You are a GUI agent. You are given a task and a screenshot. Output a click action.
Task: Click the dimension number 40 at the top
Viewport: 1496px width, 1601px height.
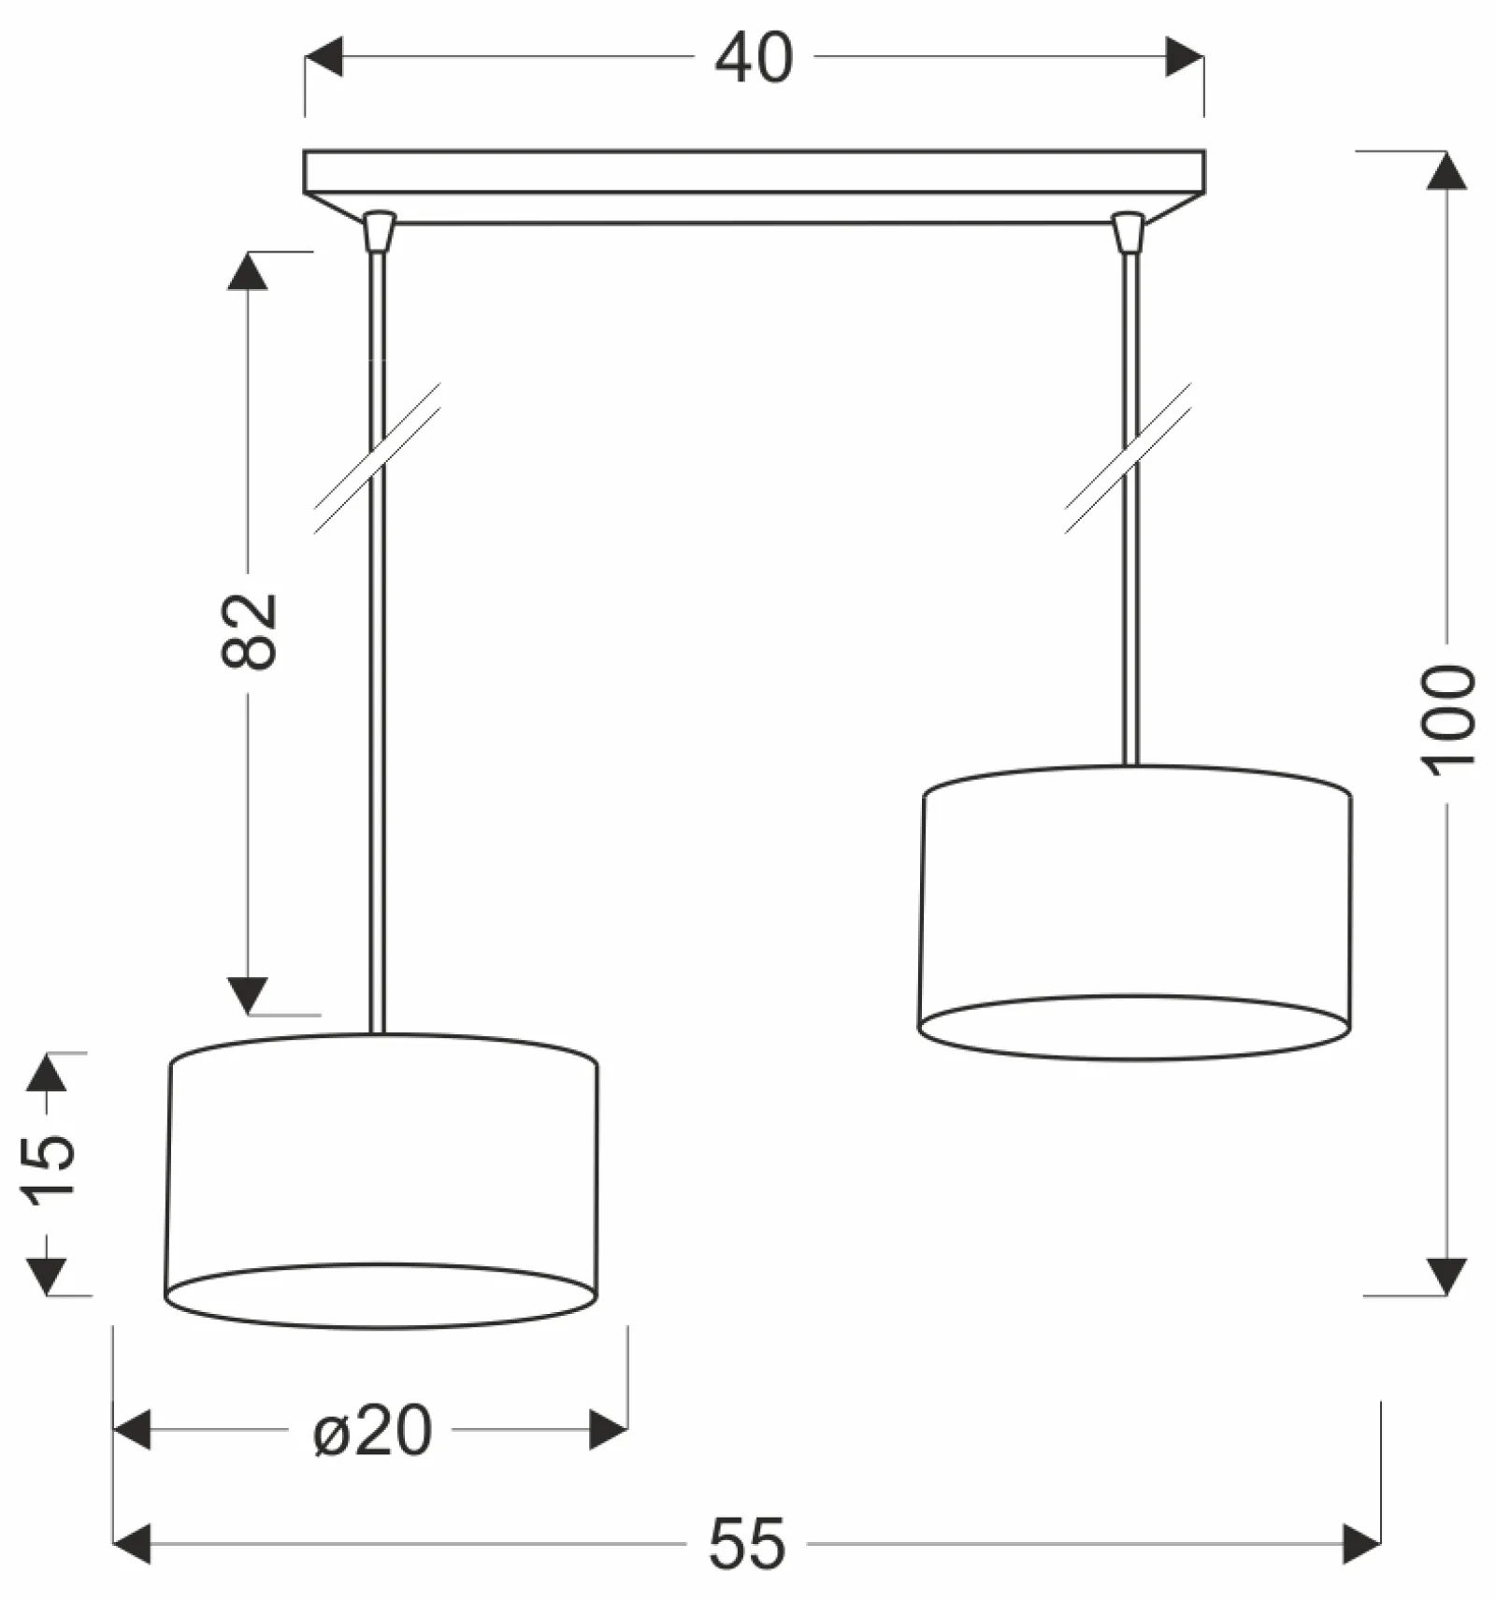pos(754,58)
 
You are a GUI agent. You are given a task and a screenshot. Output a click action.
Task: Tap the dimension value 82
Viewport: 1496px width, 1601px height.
pos(250,631)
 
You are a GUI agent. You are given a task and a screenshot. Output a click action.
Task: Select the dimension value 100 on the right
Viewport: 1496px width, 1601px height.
pos(1448,720)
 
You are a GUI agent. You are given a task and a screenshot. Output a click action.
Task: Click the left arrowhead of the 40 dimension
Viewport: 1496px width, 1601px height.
pos(324,57)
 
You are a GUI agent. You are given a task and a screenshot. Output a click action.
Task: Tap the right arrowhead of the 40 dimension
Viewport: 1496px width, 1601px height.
pos(1185,57)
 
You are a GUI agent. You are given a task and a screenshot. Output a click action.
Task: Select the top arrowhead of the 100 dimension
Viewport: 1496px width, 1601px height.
pos(1446,170)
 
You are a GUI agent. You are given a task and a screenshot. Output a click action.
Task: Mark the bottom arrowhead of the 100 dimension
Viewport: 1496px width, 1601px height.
pos(1446,1276)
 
